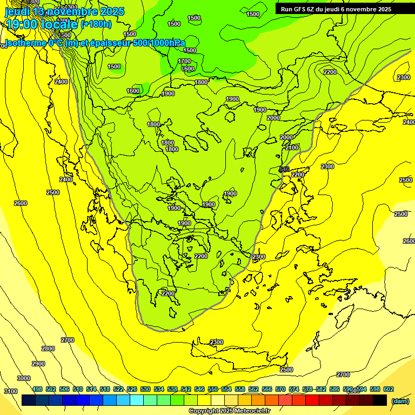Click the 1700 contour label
(x=184, y=61)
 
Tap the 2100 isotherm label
(x=292, y=148)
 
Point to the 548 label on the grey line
(x=284, y=170)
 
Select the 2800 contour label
(x=48, y=349)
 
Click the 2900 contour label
(x=38, y=364)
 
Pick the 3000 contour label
(x=24, y=378)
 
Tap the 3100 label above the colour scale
(x=11, y=391)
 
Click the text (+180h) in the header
(x=96, y=24)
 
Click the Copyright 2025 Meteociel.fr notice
(x=229, y=411)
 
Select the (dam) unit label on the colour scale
(x=400, y=400)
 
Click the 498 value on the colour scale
(x=37, y=389)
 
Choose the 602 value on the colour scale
(x=388, y=389)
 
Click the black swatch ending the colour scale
(x=380, y=400)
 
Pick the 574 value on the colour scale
(x=294, y=389)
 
